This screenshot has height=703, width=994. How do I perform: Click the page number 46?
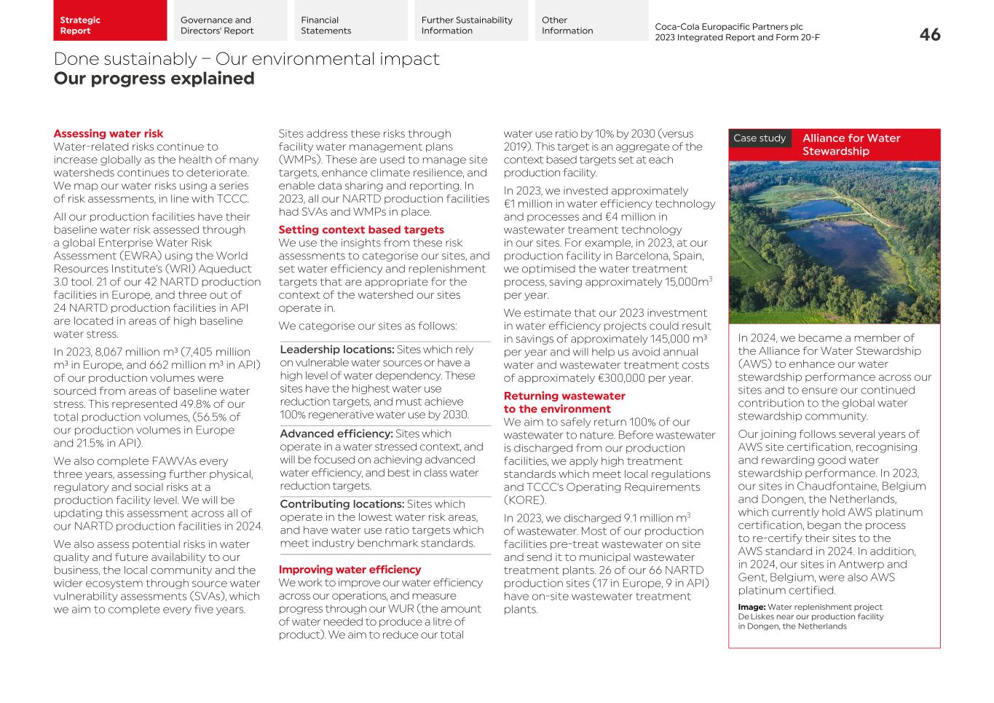tap(929, 34)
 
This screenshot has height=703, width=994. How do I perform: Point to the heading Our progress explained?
tap(154, 79)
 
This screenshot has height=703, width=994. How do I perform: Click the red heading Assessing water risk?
tap(108, 134)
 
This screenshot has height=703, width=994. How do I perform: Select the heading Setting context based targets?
tap(360, 230)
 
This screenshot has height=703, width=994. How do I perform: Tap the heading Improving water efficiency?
tap(350, 570)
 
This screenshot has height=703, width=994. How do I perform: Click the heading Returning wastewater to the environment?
tap(564, 403)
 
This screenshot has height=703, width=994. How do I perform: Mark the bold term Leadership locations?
tap(336, 350)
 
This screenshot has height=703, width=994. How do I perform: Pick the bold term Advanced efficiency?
tap(336, 434)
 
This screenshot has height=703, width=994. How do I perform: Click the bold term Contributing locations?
tap(342, 504)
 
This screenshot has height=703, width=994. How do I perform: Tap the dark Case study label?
tap(760, 138)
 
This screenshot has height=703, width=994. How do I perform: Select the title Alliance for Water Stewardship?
tap(851, 144)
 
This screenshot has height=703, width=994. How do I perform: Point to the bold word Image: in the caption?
tap(751, 608)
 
